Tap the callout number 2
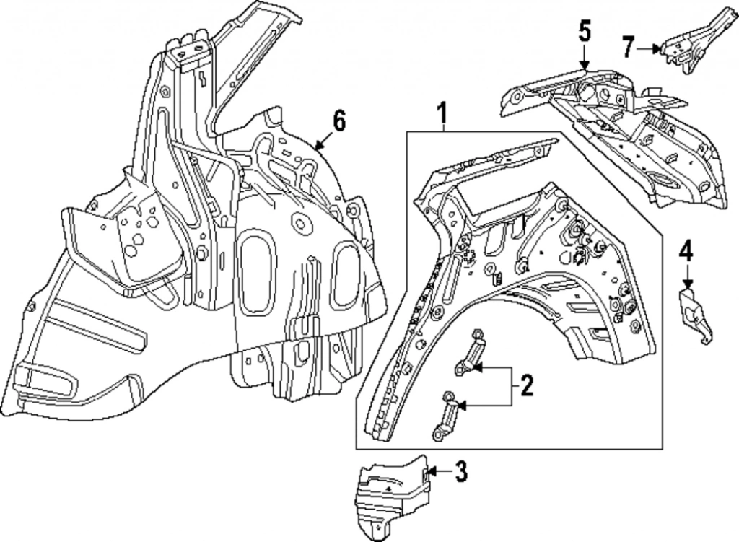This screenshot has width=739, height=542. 526,388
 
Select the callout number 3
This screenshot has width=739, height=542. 461,473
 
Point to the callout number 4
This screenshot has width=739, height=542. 686,252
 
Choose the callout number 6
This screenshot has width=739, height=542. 338,121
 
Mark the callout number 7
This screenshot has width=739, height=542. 629,48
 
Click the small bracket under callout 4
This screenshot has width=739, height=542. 694,313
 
